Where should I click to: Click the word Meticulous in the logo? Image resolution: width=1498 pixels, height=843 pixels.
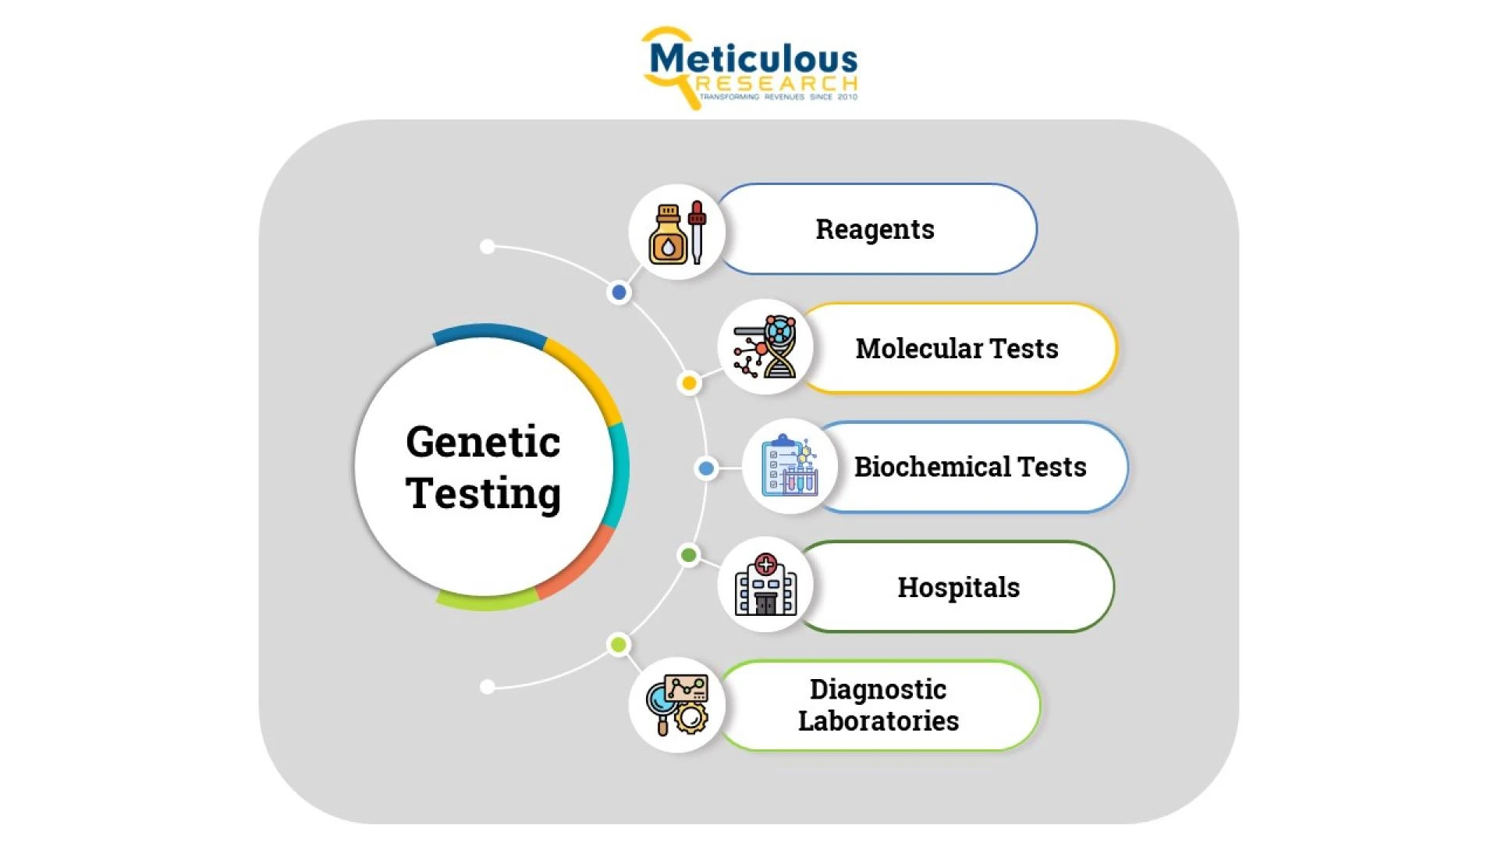pyautogui.click(x=753, y=59)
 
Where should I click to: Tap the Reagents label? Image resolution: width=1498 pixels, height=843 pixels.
pyautogui.click(x=875, y=229)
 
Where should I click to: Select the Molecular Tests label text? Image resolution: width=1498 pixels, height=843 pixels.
pyautogui.click(x=957, y=348)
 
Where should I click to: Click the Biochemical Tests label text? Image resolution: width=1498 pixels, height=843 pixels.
pyautogui.click(x=970, y=467)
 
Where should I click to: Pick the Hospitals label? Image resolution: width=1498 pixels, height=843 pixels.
pyautogui.click(x=958, y=587)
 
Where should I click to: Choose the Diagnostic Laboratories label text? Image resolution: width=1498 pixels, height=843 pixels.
pyautogui.click(x=879, y=705)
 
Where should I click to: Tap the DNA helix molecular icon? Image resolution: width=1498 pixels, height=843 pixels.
pyautogui.click(x=765, y=347)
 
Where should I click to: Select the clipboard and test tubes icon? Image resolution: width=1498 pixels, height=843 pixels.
pyautogui.click(x=790, y=466)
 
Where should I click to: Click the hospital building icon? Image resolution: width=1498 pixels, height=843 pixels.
pyautogui.click(x=765, y=585)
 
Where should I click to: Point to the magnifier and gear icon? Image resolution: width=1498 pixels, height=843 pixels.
pyautogui.click(x=677, y=705)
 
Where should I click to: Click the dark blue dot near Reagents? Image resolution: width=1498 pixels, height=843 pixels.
pyautogui.click(x=619, y=293)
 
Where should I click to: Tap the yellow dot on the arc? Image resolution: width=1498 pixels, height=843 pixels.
pyautogui.click(x=689, y=382)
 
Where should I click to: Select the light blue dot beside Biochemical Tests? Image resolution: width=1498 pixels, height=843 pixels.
pyautogui.click(x=706, y=468)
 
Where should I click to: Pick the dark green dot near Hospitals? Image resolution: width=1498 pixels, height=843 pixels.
pyautogui.click(x=688, y=555)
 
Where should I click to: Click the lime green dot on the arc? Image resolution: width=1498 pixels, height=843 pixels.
pyautogui.click(x=619, y=645)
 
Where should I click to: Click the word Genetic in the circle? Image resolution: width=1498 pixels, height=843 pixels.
pyautogui.click(x=483, y=442)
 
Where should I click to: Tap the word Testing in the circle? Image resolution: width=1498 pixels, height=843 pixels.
pyautogui.click(x=483, y=493)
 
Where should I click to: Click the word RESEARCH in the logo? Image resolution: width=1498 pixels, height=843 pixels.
pyautogui.click(x=777, y=84)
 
